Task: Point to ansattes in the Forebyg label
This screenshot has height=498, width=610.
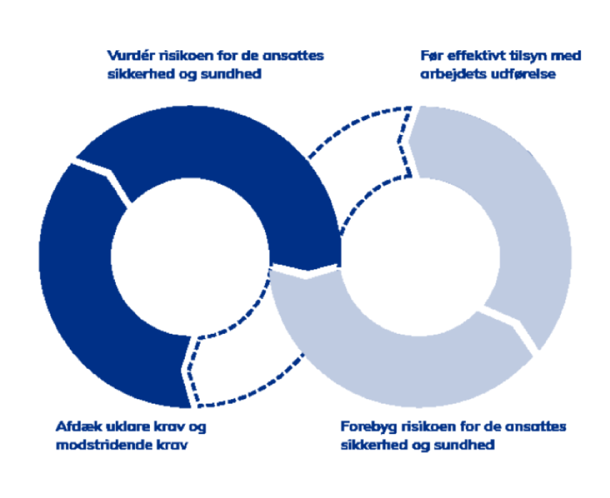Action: pos(540,427)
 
